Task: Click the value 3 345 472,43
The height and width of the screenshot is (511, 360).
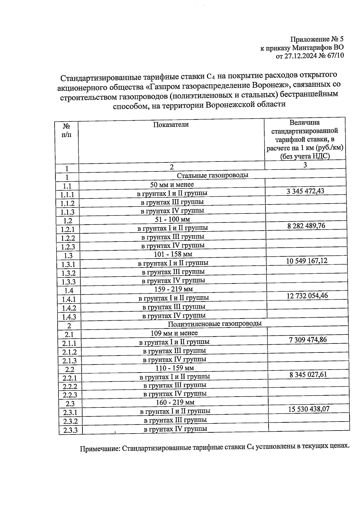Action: tap(305, 191)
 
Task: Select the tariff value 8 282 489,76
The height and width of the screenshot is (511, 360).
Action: tap(306, 226)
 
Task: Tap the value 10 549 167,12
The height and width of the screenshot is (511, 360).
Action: tap(307, 261)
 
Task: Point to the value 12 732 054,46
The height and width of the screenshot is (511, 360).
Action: tap(307, 296)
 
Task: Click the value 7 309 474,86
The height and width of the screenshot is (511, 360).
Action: tap(308, 340)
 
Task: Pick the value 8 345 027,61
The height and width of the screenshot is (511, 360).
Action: tap(308, 374)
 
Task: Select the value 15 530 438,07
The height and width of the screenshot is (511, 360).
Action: tap(309, 409)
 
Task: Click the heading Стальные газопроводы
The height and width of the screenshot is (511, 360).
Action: tap(212, 175)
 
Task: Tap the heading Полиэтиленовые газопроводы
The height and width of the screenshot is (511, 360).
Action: tap(214, 324)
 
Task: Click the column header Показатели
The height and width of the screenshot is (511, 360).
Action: tap(171, 125)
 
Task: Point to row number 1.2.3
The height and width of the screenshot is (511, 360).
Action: tap(68, 247)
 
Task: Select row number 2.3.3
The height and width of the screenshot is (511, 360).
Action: tap(70, 430)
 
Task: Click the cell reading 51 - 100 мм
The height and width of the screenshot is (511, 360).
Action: tap(172, 219)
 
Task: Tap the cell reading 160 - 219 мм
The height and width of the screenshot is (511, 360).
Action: tap(175, 402)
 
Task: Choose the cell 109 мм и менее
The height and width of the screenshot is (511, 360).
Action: tap(174, 333)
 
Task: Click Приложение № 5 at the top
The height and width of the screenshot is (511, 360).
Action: tap(316, 39)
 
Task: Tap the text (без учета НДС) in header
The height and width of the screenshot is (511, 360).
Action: tap(305, 156)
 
